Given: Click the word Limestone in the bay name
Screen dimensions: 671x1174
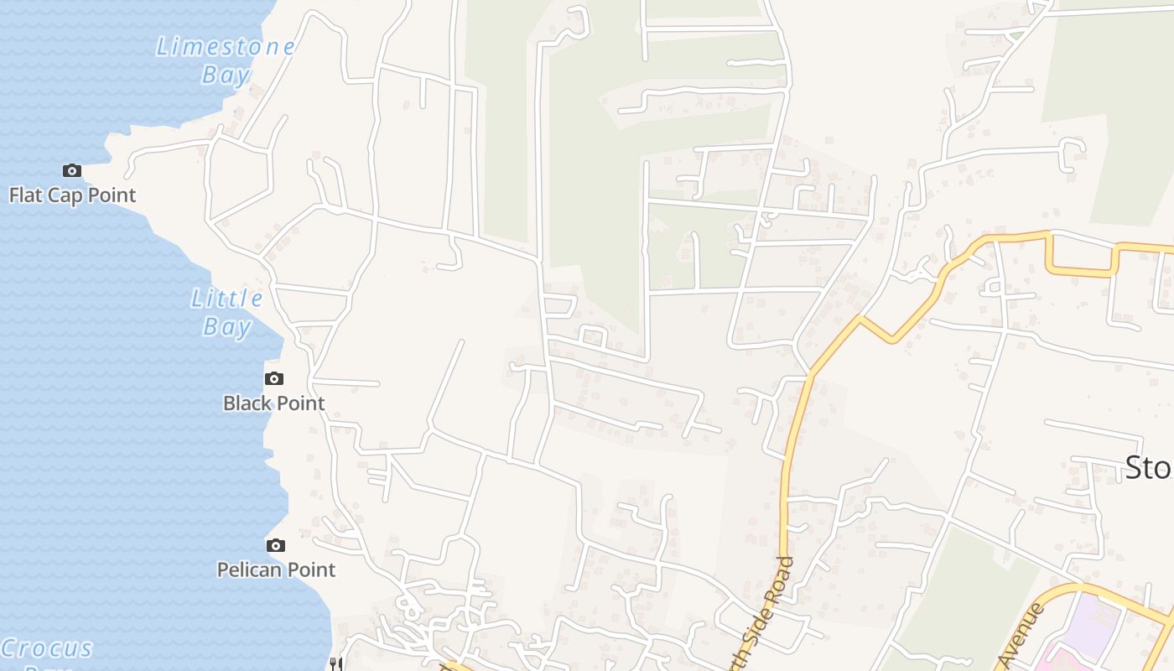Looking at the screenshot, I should point(226,47).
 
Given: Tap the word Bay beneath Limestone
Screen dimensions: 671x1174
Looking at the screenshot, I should point(226,75).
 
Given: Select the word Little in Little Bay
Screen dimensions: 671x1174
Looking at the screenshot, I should point(226,299).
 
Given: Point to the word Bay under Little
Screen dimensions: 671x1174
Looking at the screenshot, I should point(226,326).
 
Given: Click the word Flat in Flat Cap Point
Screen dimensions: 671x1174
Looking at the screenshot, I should point(25,195).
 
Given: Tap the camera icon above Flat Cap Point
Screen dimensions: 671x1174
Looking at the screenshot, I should point(72,171).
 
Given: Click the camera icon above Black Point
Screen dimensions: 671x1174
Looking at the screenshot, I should point(274,379).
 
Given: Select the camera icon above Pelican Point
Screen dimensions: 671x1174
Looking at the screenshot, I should point(276,546).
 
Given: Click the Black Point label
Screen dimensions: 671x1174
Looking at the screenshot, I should point(273,403).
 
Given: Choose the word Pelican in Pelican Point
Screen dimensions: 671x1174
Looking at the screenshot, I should point(247,570).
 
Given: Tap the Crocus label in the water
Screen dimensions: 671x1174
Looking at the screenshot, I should point(47,648).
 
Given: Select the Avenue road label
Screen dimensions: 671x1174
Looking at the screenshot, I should point(1022,634).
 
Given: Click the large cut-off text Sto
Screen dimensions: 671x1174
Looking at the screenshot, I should point(1148,468).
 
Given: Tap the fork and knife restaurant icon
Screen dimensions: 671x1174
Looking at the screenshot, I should point(335,664).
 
